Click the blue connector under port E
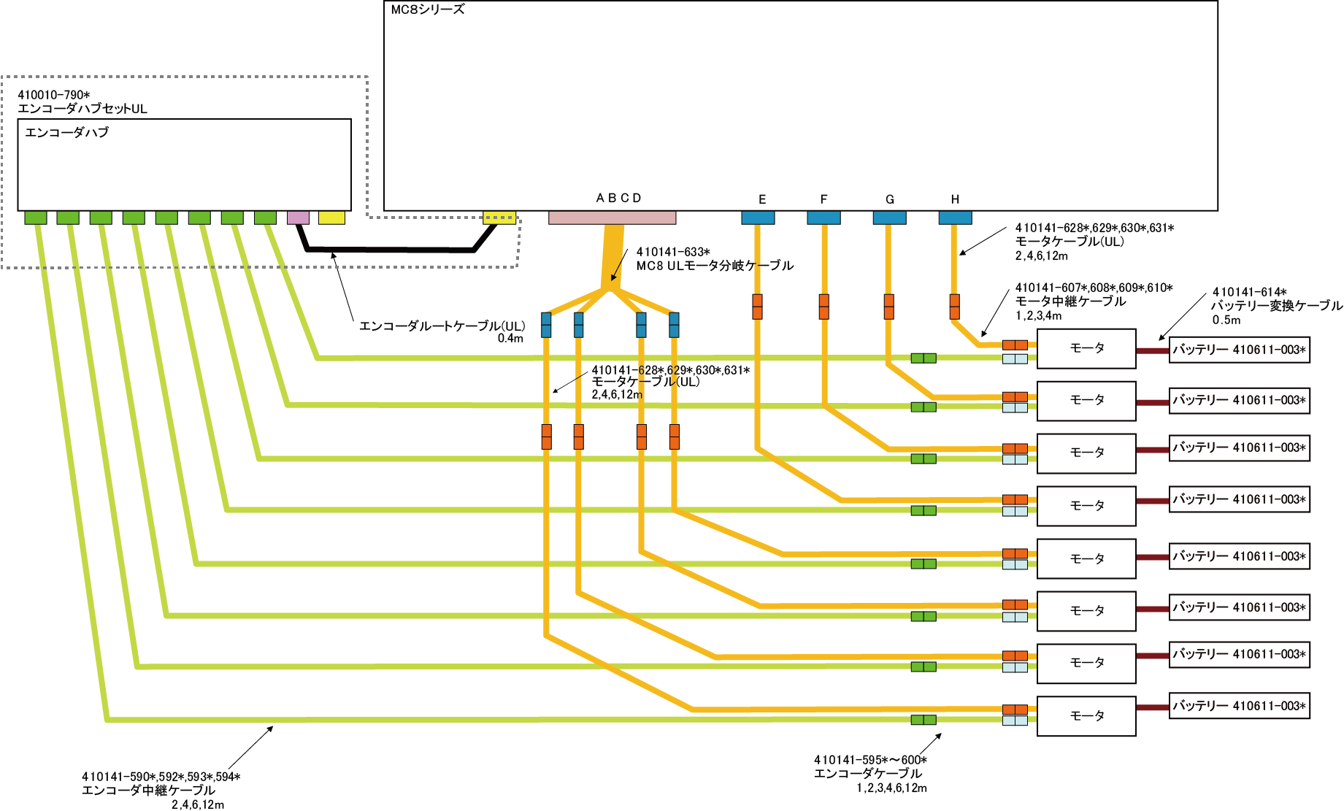pos(758,218)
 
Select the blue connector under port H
pos(955,218)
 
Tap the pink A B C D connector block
pos(612,218)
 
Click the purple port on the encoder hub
pos(298,218)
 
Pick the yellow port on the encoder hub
pos(331,218)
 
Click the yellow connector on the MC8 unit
pos(499,218)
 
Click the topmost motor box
pos(1086,348)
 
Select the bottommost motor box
pos(1086,716)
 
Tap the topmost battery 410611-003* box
pos(1239,350)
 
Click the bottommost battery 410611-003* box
pos(1239,706)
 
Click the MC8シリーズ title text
pos(428,9)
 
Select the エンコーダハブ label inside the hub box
pos(67,132)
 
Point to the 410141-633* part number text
pos(673,252)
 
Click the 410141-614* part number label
pos(1249,292)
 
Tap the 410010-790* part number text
pos(54,95)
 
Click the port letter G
pos(889,199)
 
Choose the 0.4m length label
pos(510,339)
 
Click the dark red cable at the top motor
pos(1152,351)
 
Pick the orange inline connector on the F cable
pos(823,307)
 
